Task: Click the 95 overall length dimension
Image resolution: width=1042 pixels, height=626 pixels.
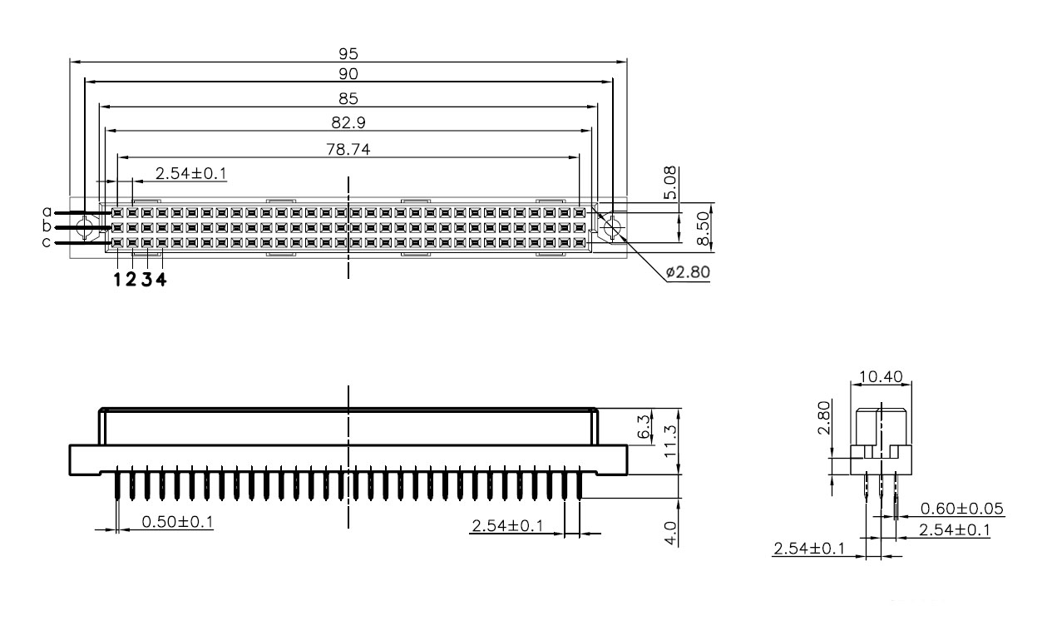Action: (348, 54)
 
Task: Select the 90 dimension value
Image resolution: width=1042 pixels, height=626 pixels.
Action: (348, 74)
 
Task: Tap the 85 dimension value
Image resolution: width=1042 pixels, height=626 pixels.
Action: (348, 99)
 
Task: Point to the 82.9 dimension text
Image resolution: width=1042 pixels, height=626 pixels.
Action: (348, 123)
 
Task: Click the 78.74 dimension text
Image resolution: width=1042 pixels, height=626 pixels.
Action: (348, 150)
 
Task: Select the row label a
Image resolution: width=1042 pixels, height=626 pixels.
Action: (47, 212)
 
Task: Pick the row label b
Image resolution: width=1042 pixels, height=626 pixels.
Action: (47, 226)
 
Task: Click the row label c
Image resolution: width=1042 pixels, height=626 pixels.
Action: (46, 242)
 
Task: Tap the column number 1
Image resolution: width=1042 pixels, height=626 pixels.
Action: (117, 280)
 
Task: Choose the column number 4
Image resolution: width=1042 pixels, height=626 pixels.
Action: (161, 280)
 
